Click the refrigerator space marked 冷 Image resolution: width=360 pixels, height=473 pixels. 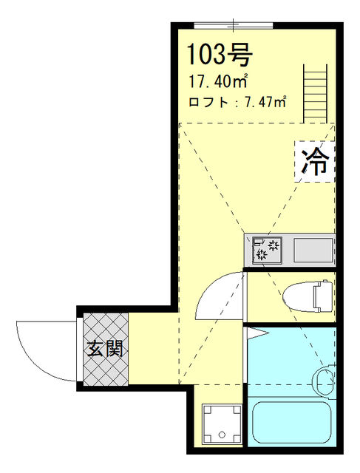point(314,160)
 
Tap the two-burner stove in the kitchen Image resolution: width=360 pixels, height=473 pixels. point(267,250)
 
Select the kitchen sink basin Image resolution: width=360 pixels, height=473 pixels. point(315,250)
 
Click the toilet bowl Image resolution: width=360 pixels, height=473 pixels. point(299,296)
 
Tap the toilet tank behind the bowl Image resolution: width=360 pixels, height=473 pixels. point(322,296)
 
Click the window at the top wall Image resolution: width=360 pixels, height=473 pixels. point(232,26)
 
